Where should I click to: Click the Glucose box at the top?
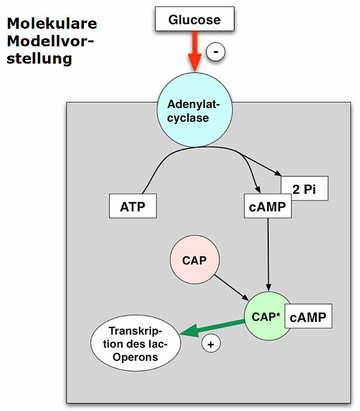(x=194, y=20)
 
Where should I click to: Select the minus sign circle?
(x=215, y=53)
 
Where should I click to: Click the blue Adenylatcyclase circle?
(x=188, y=112)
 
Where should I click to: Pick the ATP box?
(x=133, y=206)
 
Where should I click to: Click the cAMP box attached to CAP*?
(x=308, y=317)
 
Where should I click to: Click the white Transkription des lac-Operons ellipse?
(x=136, y=344)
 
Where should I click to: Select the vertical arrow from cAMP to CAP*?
(x=268, y=252)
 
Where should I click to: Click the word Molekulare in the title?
(x=52, y=24)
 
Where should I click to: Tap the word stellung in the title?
(x=40, y=59)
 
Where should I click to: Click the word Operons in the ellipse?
(x=136, y=357)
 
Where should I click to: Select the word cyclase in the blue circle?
(x=188, y=118)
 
